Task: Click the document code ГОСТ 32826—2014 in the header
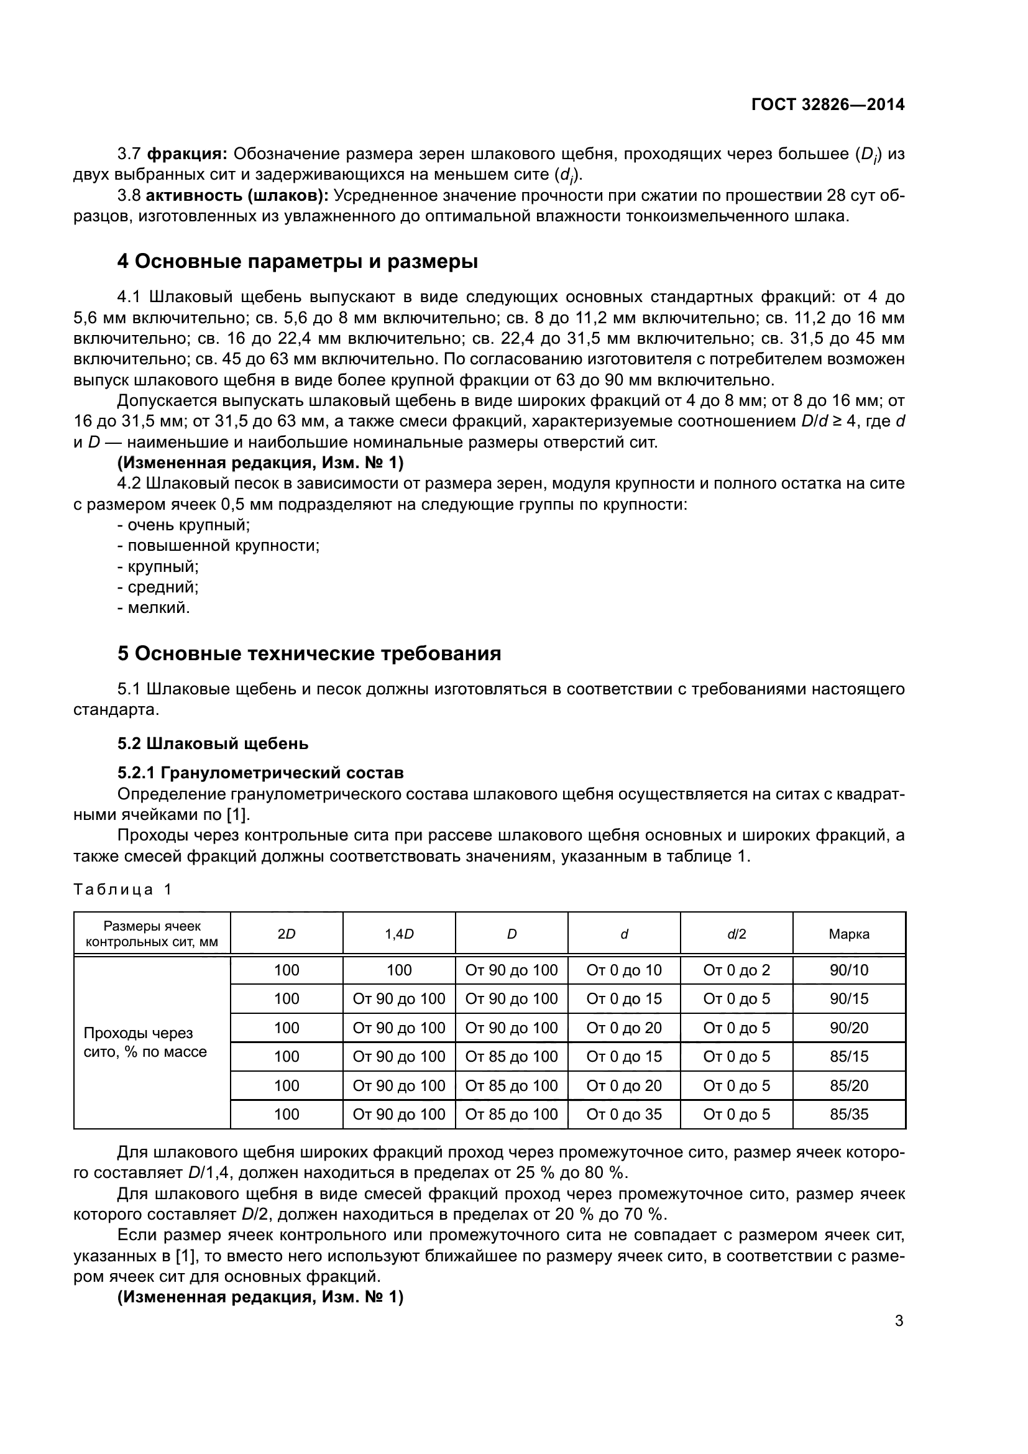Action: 828,104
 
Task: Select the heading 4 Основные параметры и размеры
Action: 298,261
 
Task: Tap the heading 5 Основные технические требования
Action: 309,653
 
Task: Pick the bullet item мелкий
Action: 154,608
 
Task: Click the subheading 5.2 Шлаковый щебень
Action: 213,743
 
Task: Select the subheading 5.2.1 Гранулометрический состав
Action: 260,773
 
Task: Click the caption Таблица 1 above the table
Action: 123,890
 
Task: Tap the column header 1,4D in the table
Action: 399,934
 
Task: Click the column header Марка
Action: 849,934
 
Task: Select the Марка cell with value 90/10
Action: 849,970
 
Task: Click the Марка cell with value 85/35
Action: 849,1114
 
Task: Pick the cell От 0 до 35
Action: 623,1114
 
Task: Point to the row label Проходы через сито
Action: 145,1042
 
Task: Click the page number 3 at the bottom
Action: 899,1321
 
